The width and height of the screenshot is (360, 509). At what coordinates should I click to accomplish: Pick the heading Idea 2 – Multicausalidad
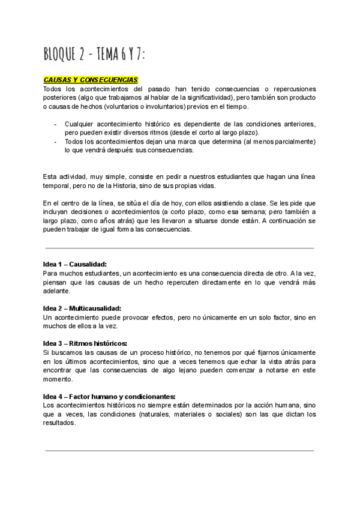point(82,308)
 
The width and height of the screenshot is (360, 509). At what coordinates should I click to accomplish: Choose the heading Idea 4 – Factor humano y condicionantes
point(109,396)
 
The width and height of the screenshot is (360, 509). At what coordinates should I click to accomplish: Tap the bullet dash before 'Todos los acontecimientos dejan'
point(55,142)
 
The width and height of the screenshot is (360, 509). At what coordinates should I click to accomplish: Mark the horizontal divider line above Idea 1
point(179,248)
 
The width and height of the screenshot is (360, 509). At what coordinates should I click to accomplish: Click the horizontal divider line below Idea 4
point(179,450)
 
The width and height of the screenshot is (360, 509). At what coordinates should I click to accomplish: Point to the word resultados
point(60,423)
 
